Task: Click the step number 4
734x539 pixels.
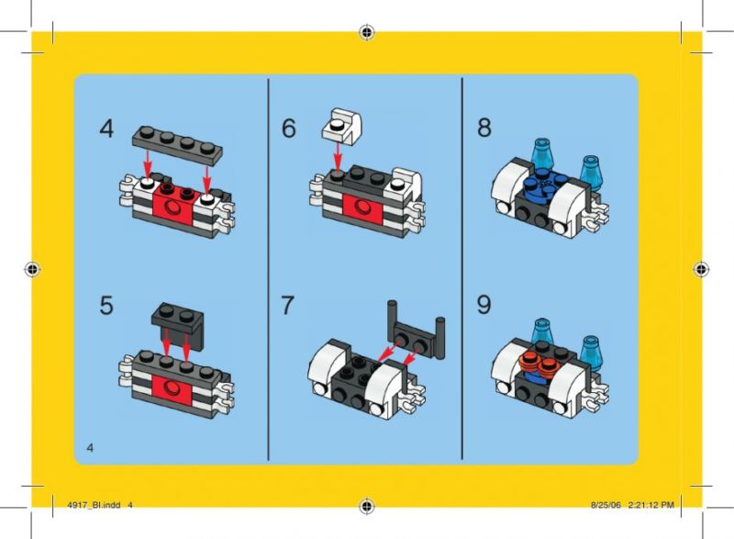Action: coord(106,129)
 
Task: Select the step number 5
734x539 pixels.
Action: coord(106,306)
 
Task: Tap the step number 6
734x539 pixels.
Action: coord(289,129)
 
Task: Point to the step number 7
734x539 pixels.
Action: coord(287,305)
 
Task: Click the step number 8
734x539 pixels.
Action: coord(484,128)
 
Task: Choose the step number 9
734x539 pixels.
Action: coord(484,305)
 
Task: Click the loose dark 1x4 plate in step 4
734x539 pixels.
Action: coord(177,145)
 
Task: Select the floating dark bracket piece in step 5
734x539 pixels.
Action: coord(178,326)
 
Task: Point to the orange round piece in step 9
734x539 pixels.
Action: coord(541,364)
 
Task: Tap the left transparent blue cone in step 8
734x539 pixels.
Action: coord(542,155)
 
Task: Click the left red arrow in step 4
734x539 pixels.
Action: coord(148,163)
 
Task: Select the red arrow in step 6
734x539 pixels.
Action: coord(337,155)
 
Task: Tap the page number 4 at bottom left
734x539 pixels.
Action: coord(90,448)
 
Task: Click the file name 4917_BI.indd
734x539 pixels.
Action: coord(94,505)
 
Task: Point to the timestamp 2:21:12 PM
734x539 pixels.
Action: coord(651,505)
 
